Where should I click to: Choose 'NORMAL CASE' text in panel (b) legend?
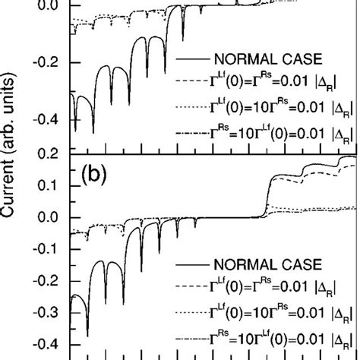[x=259, y=265]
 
